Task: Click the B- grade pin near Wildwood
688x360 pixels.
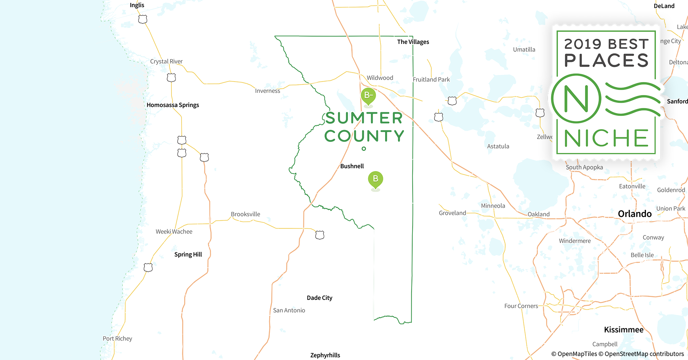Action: coord(368,96)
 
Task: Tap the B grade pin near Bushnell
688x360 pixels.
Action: coord(375,179)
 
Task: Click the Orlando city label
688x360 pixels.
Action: coord(635,214)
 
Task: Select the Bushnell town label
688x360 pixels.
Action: coord(352,166)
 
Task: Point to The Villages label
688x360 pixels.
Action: coord(413,42)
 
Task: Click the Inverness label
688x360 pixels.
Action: coord(267,91)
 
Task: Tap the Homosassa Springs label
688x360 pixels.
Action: coord(173,105)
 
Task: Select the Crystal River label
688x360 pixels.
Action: coord(166,61)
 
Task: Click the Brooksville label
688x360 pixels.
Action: coord(245,214)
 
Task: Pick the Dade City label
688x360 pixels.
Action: coord(319,298)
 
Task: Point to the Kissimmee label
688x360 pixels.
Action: coord(624,330)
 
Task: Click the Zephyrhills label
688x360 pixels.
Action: coord(325,355)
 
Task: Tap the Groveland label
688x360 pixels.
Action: coord(452,213)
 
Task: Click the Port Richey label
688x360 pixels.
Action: coord(117,338)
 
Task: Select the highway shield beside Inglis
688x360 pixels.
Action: coord(143,19)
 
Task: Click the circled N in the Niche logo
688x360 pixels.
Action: coord(576,99)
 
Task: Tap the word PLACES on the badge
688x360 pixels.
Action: coord(606,60)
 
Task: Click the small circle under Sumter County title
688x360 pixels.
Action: coord(364,149)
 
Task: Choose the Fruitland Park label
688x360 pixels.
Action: coord(431,80)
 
